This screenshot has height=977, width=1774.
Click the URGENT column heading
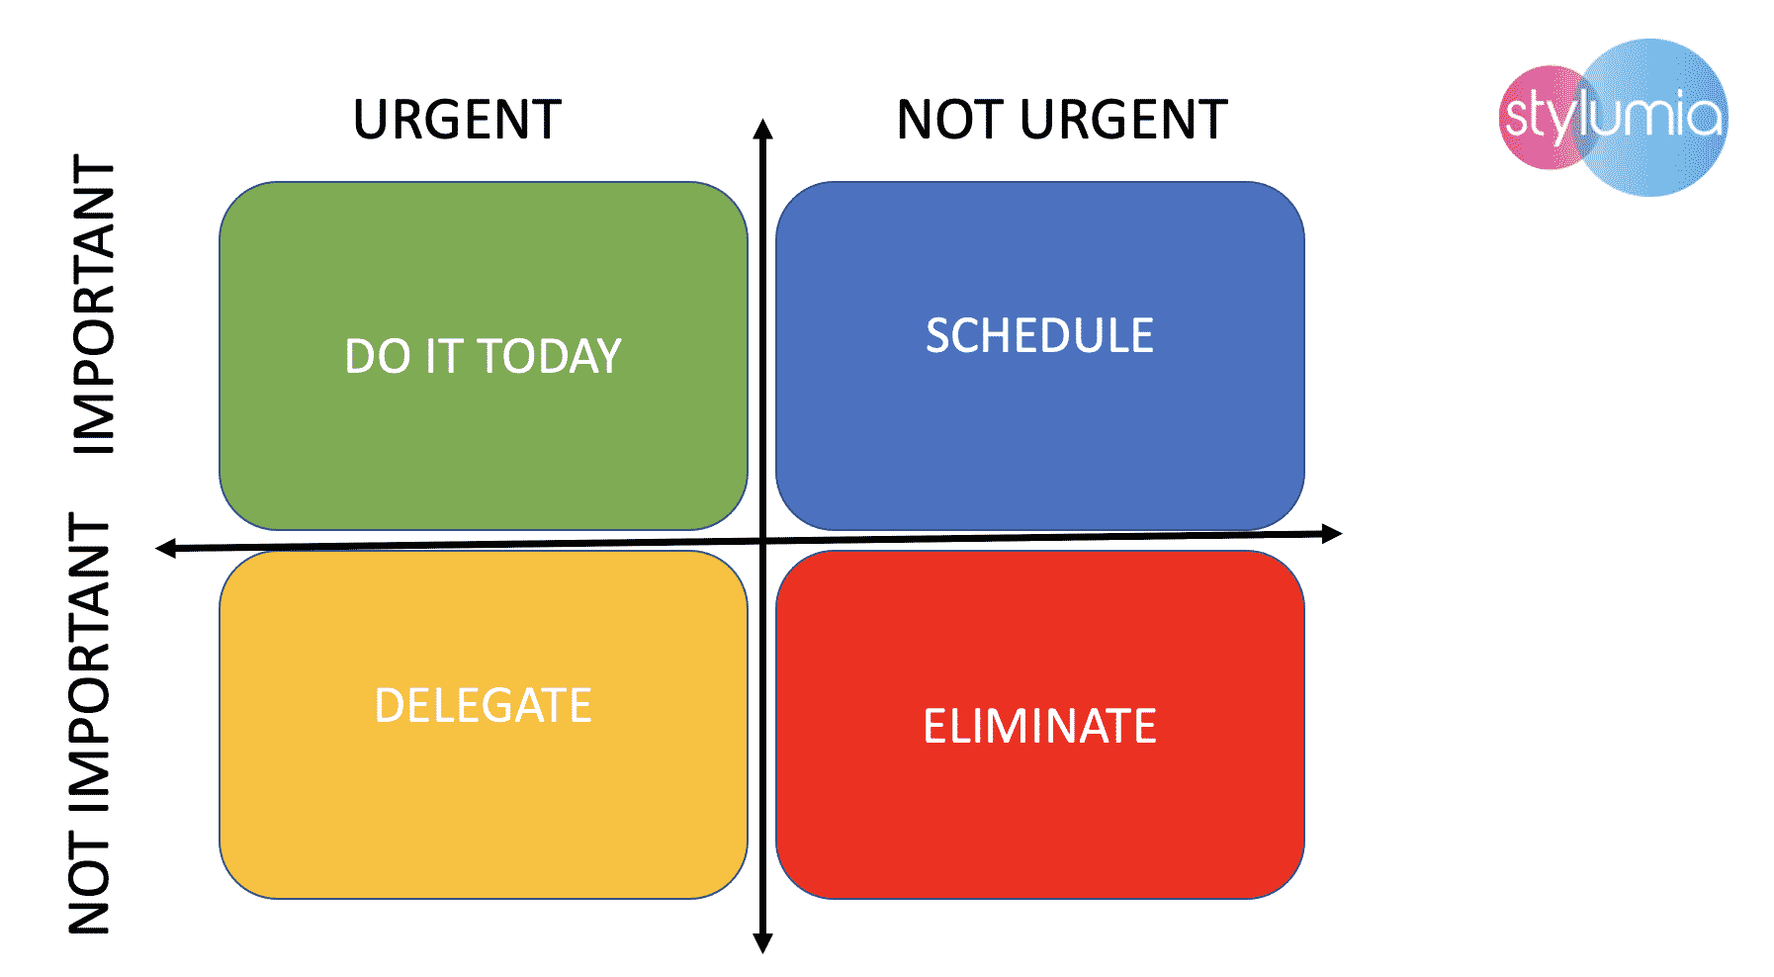[x=457, y=120]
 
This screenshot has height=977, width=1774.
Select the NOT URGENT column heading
[x=1062, y=120]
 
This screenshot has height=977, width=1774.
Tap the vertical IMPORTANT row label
[x=94, y=305]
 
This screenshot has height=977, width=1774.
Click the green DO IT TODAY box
[x=484, y=356]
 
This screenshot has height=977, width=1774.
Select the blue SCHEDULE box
[x=1040, y=356]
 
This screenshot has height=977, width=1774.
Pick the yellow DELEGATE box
[x=484, y=725]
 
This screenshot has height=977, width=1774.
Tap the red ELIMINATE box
[x=1040, y=725]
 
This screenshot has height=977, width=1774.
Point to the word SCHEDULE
[x=1040, y=335]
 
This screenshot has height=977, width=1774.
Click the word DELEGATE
[x=484, y=705]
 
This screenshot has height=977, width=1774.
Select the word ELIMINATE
[x=1040, y=726]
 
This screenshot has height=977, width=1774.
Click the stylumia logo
[x=1614, y=117]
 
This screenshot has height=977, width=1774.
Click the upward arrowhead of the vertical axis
[x=762, y=128]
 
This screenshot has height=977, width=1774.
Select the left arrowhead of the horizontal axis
[x=166, y=548]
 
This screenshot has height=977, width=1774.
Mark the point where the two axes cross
[x=762, y=541]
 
